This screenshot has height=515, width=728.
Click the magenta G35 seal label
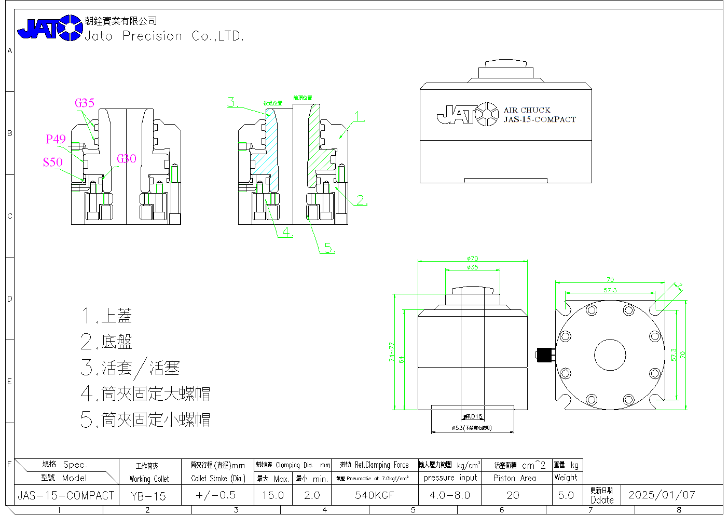(x=85, y=103)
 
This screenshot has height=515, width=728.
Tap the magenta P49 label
(x=56, y=139)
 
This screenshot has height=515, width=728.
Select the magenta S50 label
(x=52, y=162)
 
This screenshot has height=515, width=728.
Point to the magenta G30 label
(x=126, y=159)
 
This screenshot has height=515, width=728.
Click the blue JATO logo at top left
(x=50, y=28)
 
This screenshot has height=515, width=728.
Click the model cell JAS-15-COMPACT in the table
(x=66, y=495)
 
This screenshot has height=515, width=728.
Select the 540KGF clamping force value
(x=374, y=495)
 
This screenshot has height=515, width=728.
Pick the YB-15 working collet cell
(x=148, y=496)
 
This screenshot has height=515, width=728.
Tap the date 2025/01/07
(x=662, y=495)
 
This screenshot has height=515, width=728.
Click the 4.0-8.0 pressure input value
(x=450, y=495)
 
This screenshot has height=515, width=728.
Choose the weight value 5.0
(x=566, y=495)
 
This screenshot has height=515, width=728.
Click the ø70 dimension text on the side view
(x=472, y=259)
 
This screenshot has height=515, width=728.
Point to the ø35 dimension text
(x=472, y=267)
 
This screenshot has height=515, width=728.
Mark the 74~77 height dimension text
(x=392, y=351)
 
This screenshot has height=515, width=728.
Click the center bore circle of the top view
(x=610, y=355)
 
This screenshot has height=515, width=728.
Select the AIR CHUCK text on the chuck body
(x=527, y=110)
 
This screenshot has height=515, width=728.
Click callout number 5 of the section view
(x=329, y=248)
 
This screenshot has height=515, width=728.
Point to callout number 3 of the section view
(x=232, y=102)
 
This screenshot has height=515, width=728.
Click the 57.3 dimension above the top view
(x=610, y=290)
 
